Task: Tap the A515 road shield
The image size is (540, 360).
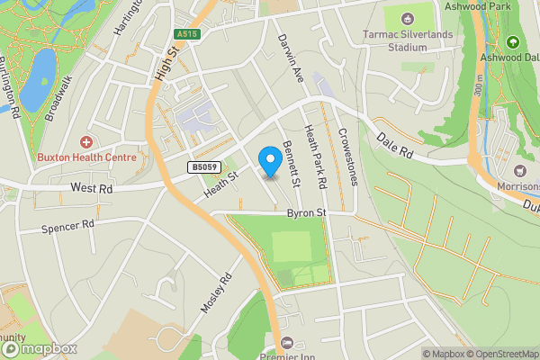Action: tap(185, 33)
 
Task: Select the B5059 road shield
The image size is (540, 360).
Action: tap(203, 166)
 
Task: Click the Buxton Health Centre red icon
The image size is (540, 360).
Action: tap(86, 142)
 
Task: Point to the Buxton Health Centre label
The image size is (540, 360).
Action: tap(86, 157)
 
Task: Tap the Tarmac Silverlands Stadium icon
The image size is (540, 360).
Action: tap(406, 18)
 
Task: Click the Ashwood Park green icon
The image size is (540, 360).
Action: tap(513, 41)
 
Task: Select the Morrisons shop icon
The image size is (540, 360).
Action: tap(518, 171)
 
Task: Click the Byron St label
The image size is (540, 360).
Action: tap(305, 213)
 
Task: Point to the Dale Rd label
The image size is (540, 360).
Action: tap(394, 147)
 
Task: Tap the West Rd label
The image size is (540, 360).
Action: tap(93, 189)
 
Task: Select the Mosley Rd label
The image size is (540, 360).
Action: tap(216, 293)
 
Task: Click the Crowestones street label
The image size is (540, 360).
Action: tap(347, 156)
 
